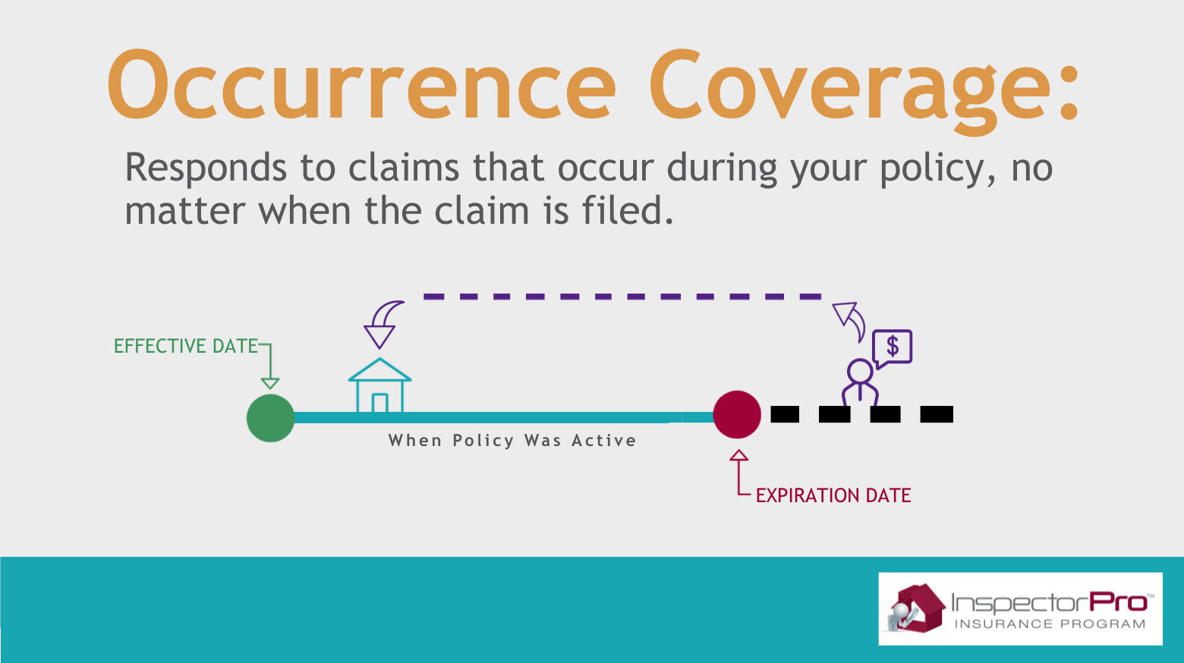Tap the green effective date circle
[271, 418]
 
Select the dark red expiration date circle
[737, 415]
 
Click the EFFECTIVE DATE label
[185, 346]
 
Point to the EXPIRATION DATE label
[833, 495]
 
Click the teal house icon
[379, 385]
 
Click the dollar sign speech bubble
[893, 348]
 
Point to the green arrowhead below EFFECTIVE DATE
[270, 384]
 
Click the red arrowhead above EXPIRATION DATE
[739, 455]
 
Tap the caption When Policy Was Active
[513, 441]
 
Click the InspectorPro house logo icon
[915, 608]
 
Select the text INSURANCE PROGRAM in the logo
[1050, 624]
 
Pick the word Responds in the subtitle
[206, 168]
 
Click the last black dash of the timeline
[937, 414]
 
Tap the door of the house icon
[380, 403]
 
